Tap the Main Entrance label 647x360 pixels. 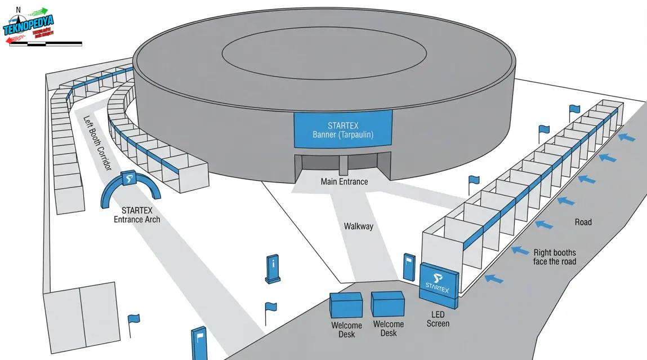coord(344,182)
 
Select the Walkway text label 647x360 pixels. coord(358,226)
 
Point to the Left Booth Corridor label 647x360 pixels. coord(97,143)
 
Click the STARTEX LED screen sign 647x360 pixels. coord(439,283)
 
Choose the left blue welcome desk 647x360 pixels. coord(346,305)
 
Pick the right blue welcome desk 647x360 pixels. coord(388,304)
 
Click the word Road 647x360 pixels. coord(583,222)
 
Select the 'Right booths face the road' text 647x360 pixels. coord(554,257)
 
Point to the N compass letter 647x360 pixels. coord(19,10)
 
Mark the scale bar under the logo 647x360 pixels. coord(46,43)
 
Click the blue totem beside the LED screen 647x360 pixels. coord(409,267)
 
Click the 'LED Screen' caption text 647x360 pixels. coord(438,319)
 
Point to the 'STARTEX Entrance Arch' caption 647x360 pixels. coord(136,215)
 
